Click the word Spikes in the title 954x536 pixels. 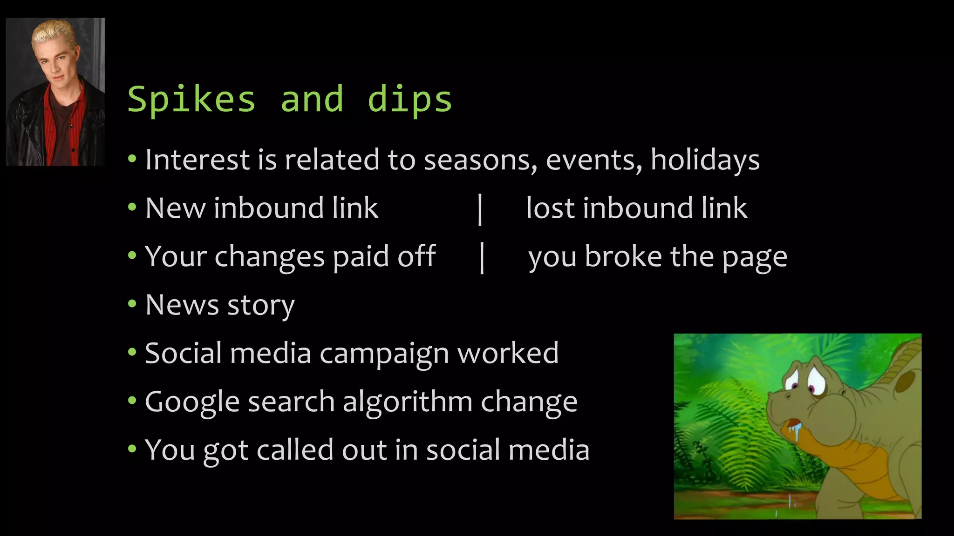tap(191, 100)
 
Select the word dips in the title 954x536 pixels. tap(409, 100)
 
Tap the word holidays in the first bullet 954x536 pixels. tap(705, 160)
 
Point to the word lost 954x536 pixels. tap(550, 208)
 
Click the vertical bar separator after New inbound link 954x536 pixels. tap(480, 209)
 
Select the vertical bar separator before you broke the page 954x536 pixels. tap(482, 257)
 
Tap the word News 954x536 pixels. tap(182, 305)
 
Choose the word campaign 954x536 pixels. tap(384, 354)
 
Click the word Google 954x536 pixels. tap(193, 402)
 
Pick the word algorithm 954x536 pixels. tap(407, 402)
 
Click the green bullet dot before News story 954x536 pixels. tap(132, 304)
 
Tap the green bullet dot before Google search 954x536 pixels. tap(132, 401)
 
